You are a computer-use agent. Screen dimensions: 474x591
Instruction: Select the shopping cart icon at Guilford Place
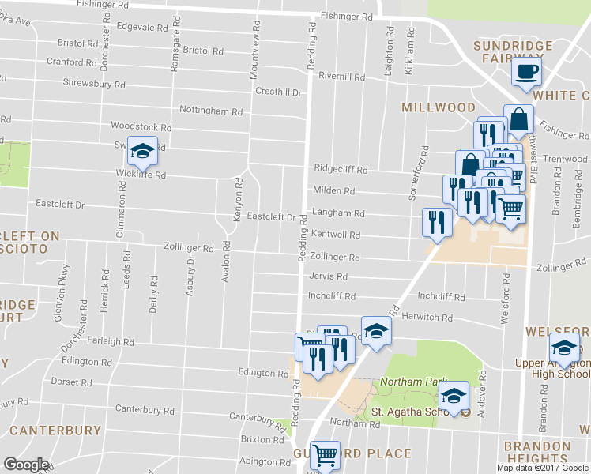point(323,455)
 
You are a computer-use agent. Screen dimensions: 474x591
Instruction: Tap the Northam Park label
point(402,382)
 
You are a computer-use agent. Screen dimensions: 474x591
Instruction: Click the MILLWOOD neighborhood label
point(439,107)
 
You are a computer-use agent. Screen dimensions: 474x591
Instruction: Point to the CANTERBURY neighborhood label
point(55,431)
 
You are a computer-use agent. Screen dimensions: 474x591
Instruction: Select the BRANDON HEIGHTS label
point(537,453)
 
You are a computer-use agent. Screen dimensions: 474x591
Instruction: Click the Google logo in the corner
point(25,465)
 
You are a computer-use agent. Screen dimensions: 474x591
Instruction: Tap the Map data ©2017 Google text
point(542,468)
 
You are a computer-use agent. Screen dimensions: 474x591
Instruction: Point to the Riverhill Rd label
point(341,77)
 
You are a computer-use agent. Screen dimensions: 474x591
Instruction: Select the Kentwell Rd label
point(336,235)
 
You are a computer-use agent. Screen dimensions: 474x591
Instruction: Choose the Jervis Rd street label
point(329,277)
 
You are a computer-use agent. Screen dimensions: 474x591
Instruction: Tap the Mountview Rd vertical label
point(254,43)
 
